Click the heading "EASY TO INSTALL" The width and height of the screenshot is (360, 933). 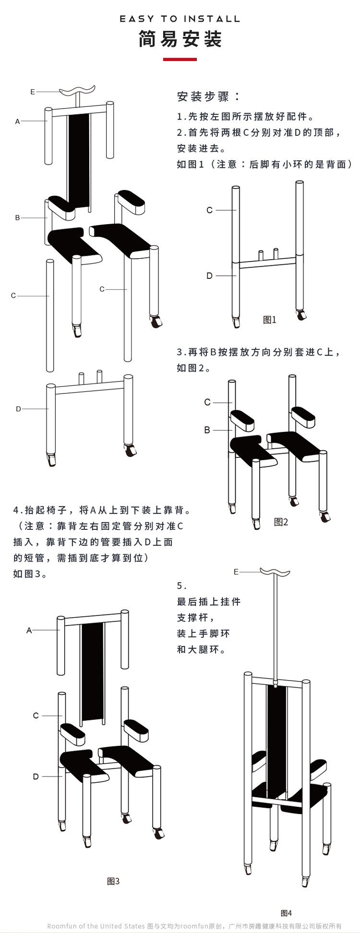pyautogui.click(x=180, y=19)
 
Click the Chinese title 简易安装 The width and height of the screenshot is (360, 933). pyautogui.click(x=180, y=39)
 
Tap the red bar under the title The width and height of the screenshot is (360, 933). pyautogui.click(x=180, y=60)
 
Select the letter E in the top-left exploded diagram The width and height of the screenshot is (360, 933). pyautogui.click(x=33, y=92)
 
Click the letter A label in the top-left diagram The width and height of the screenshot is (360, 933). pyautogui.click(x=17, y=121)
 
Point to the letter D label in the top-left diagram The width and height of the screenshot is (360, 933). pyautogui.click(x=18, y=409)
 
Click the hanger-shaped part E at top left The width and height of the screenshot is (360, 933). pyautogui.click(x=77, y=90)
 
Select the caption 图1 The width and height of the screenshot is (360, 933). pyautogui.click(x=270, y=320)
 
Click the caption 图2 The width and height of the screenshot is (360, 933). pyautogui.click(x=281, y=522)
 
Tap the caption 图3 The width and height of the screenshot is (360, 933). pyautogui.click(x=113, y=881)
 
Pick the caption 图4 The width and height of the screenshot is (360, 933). pyautogui.click(x=286, y=913)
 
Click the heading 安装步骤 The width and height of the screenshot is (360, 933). pyautogui.click(x=208, y=96)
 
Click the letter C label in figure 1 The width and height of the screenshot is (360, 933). pyautogui.click(x=209, y=210)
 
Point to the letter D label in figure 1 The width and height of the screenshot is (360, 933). pyautogui.click(x=209, y=276)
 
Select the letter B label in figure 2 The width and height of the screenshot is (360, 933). pyautogui.click(x=207, y=430)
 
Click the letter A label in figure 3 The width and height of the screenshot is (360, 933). pyautogui.click(x=29, y=630)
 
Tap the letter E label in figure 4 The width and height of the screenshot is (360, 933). pyautogui.click(x=236, y=572)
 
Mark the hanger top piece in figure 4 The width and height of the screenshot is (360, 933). pyautogui.click(x=275, y=572)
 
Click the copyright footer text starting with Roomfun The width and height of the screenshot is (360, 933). pyautogui.click(x=194, y=926)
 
